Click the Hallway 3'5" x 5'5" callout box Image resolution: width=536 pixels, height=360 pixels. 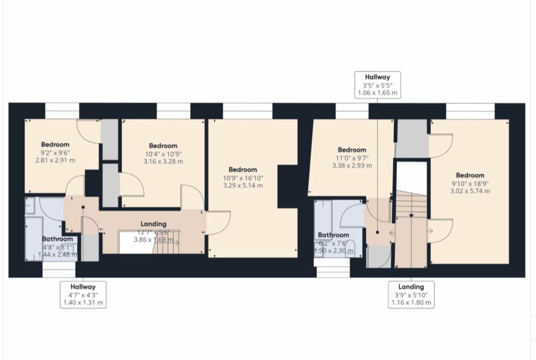coord(378,85)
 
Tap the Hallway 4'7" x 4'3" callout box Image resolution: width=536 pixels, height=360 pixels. coord(83,295)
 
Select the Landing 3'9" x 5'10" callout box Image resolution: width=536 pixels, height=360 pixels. coord(411,295)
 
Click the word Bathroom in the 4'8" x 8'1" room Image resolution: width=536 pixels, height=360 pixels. coord(57,239)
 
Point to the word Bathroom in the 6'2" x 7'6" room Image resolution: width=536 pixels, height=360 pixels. coord(333,235)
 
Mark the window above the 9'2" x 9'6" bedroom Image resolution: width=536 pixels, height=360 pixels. coord(62,111)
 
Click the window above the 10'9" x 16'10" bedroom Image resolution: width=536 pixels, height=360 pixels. coord(247,111)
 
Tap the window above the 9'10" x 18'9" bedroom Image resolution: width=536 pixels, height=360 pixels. coord(470,111)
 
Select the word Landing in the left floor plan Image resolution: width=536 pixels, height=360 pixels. coord(154,224)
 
